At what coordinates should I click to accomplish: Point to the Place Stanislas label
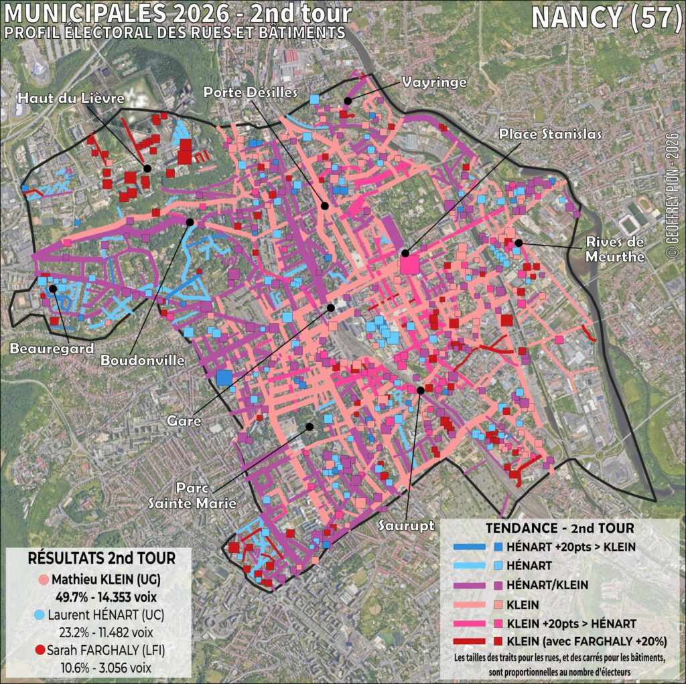[x=550, y=133]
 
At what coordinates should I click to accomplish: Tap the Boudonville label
[x=143, y=360]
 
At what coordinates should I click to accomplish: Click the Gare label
[x=184, y=422]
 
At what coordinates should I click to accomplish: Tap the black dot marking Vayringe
[x=348, y=100]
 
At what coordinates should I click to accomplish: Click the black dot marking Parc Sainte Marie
[x=310, y=426]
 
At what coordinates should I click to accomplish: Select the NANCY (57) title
[x=606, y=18]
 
